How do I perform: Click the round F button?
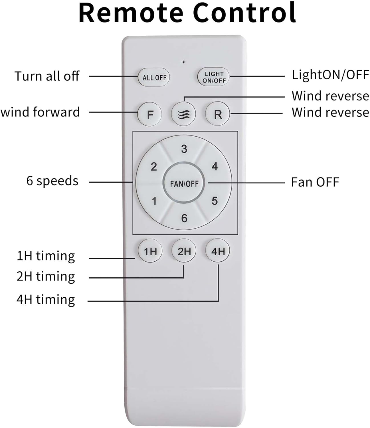coord(150,114)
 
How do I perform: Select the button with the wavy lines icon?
coord(183,114)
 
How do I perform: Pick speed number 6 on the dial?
coord(184,218)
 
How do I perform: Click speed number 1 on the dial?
coord(154,201)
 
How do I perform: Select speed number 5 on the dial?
coord(215,201)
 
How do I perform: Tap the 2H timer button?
coord(184,251)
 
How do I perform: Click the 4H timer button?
coord(218,251)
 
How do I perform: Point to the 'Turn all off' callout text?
coord(47,76)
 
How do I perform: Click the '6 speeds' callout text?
coord(52,181)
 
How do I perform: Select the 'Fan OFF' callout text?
coord(315,182)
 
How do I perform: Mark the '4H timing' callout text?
coord(46,300)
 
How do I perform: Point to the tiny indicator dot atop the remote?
coord(184,62)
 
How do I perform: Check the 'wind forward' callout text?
coord(40,112)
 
